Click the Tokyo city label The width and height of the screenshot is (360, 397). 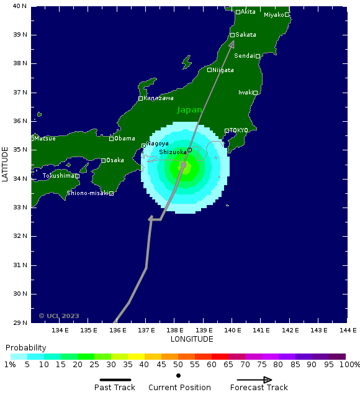[239, 130]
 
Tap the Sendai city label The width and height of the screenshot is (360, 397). [244, 56]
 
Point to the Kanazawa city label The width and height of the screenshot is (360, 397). [158, 98]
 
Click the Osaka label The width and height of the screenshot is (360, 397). [115, 160]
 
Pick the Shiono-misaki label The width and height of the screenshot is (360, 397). [88, 193]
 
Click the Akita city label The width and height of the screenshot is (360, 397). [248, 12]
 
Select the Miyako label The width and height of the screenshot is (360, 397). [274, 15]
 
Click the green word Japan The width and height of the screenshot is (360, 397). [189, 110]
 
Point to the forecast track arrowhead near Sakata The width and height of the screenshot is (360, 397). [232, 44]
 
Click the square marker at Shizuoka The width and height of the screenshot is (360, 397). [189, 150]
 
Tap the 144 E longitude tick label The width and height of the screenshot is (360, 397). [347, 331]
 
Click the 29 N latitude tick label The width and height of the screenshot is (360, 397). [21, 322]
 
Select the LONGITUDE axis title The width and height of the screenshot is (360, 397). [192, 339]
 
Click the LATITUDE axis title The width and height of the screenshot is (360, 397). [6, 164]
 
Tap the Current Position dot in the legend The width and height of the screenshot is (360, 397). [179, 376]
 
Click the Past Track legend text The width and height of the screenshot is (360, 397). [114, 388]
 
